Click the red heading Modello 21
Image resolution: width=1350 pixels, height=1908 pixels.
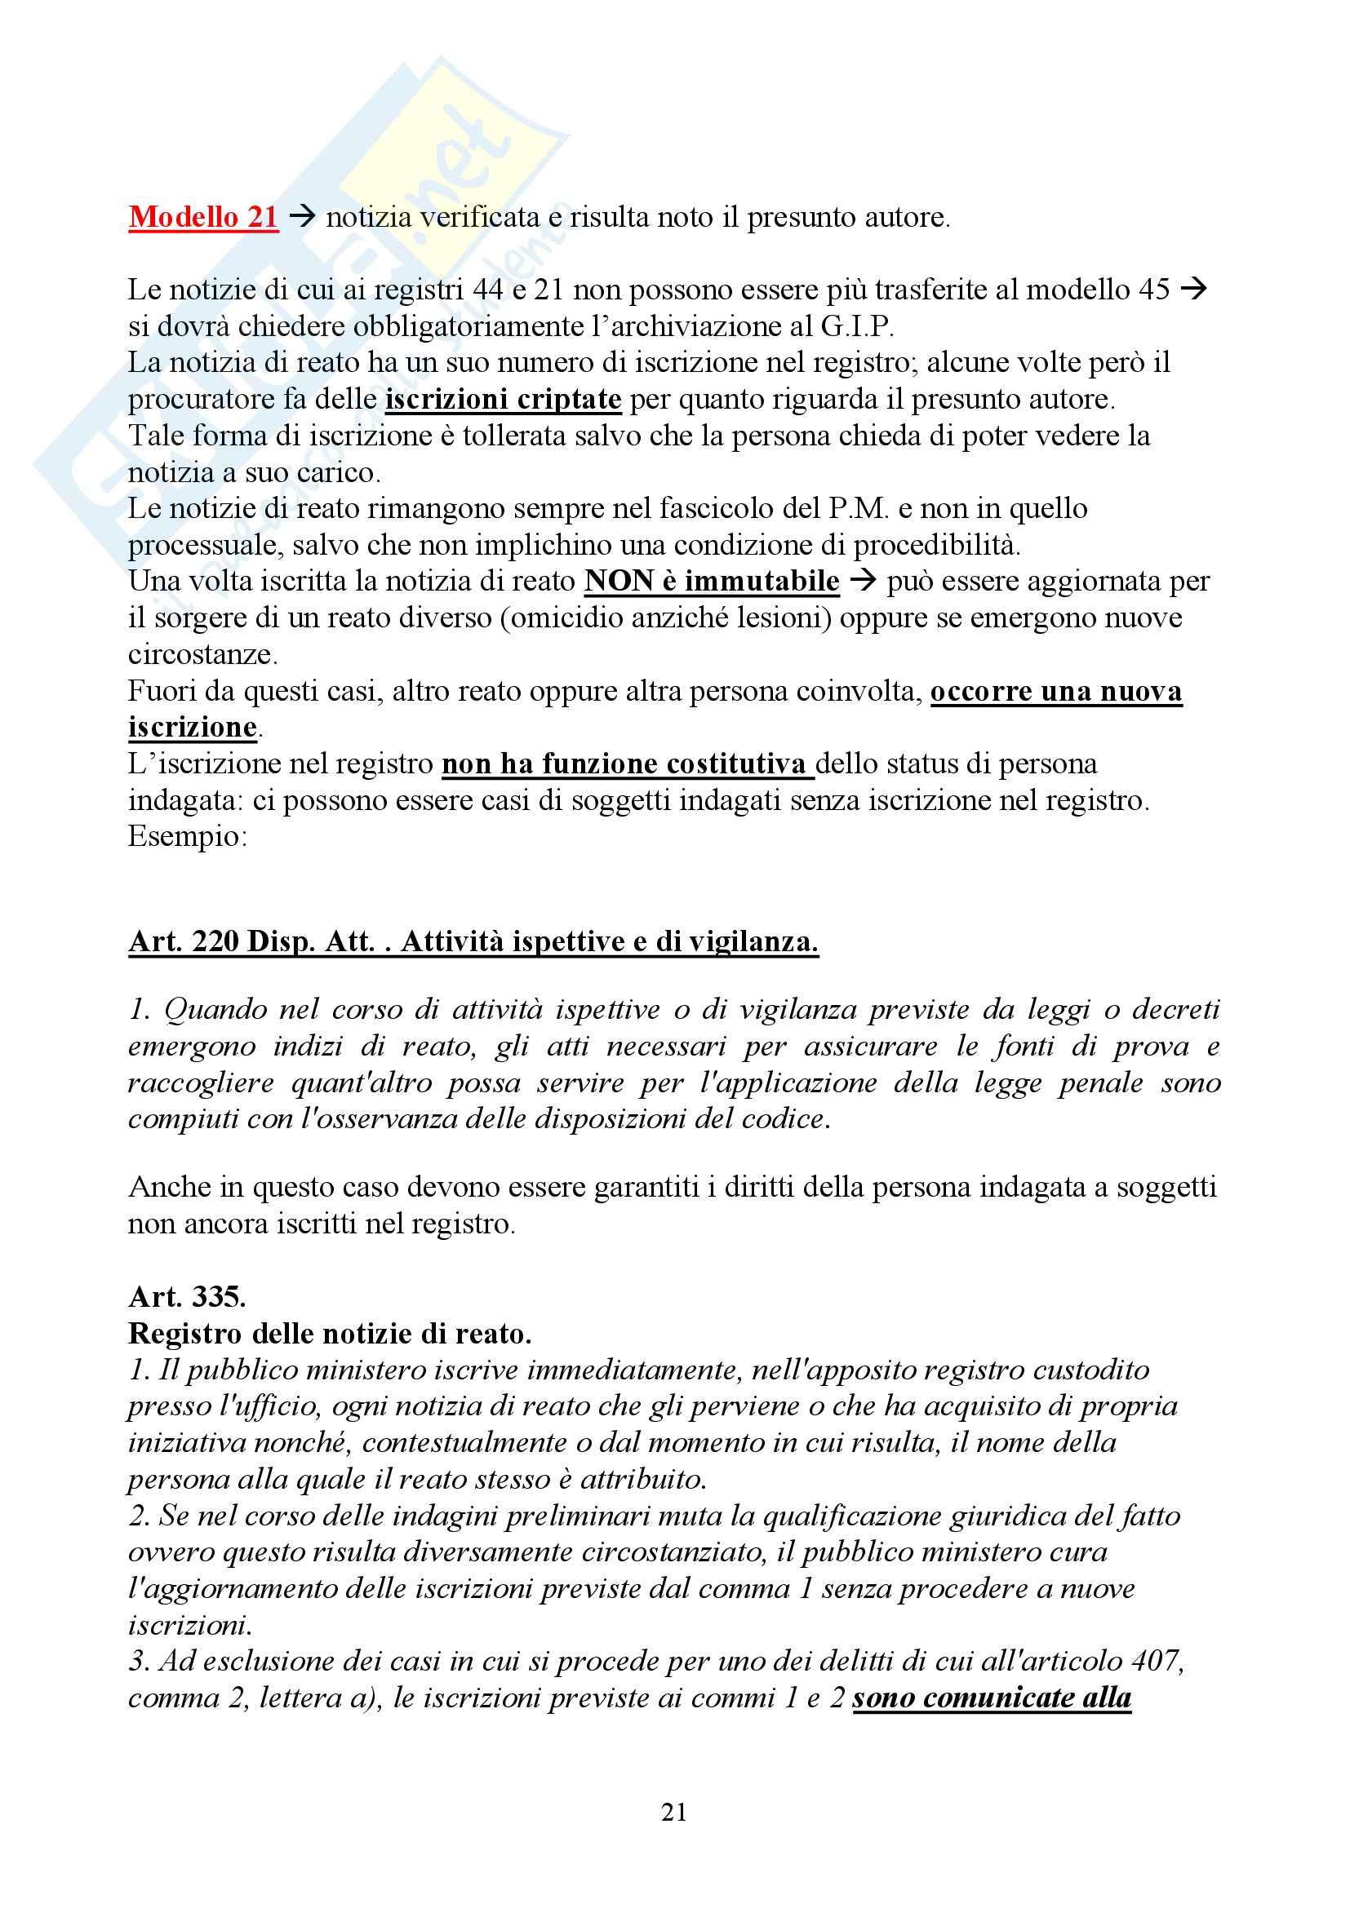pos(203,217)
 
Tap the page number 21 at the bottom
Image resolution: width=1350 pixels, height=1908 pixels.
pos(674,1812)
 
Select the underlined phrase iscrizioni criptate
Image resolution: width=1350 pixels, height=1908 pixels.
pos(503,400)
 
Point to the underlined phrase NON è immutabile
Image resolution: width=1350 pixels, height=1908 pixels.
pos(712,581)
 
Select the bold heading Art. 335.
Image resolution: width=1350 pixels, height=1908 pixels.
pos(187,1296)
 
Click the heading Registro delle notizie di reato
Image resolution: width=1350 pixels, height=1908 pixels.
pos(329,1333)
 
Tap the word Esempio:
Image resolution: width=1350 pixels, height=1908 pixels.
pos(187,836)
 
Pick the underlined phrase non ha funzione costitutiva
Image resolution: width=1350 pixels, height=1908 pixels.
pos(627,764)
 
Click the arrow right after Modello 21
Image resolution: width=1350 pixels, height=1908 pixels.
pos(302,218)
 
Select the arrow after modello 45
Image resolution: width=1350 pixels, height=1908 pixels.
pos(1194,290)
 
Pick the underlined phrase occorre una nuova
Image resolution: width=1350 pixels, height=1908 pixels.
pos(1055,692)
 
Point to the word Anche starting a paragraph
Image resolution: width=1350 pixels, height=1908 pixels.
pos(169,1187)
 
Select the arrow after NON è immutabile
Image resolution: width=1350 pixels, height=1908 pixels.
pos(863,582)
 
